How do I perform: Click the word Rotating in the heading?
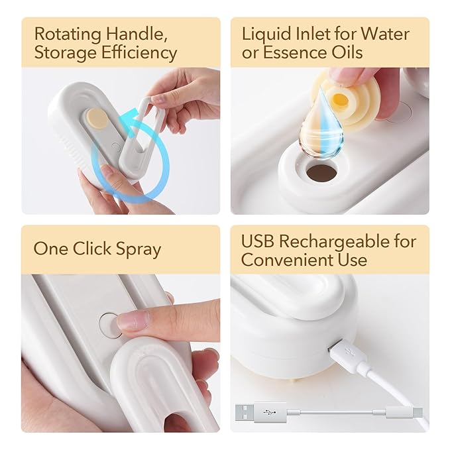tap(68, 35)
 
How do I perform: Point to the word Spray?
tap(139, 249)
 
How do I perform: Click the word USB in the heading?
tap(257, 241)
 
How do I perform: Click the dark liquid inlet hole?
tap(321, 172)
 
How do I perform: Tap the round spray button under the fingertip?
tap(110, 325)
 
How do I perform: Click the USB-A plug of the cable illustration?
tap(260, 413)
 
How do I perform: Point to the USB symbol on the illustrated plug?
tap(270, 413)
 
